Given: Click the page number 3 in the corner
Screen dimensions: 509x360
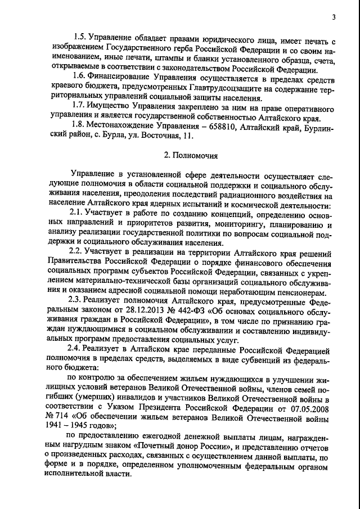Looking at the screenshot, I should pos(334,17).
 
